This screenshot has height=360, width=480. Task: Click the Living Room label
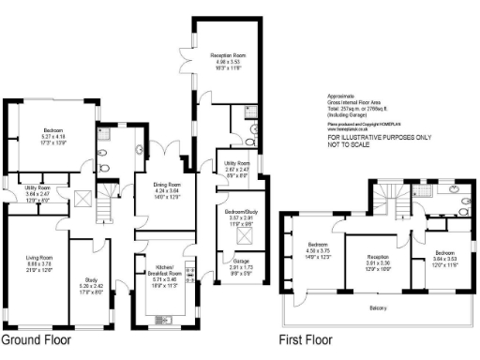pos(33,262)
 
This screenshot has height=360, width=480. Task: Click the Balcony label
pos(378,307)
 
